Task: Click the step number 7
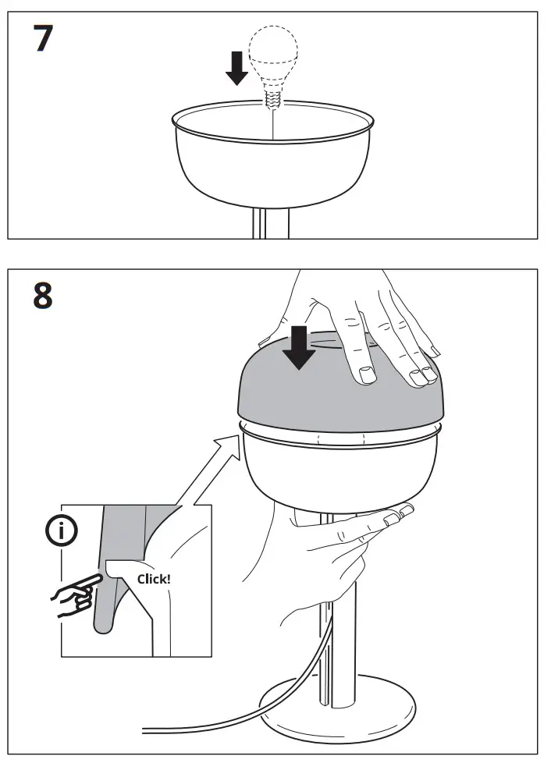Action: pos(43,38)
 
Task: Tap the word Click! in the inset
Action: pos(154,579)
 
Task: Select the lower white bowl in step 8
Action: pos(339,468)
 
